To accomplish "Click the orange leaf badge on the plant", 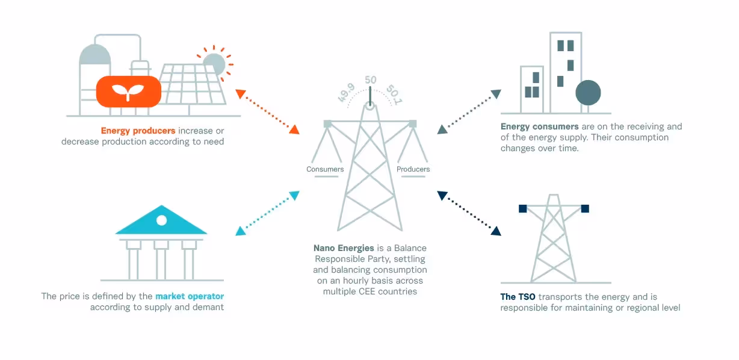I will [129, 92].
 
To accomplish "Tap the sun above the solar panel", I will [214, 64].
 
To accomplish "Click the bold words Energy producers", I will [138, 131].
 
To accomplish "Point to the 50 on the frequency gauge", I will [371, 80].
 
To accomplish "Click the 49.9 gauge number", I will [345, 93].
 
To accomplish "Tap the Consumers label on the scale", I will [325, 169].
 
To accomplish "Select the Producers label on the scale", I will [413, 169].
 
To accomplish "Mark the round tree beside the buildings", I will [588, 93].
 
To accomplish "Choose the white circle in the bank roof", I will [161, 220].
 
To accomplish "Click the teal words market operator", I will [190, 296].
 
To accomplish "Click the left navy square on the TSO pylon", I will [522, 208].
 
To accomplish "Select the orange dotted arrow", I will [267, 111].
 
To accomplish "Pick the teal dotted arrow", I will [267, 213].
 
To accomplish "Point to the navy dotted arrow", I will [469, 213].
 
